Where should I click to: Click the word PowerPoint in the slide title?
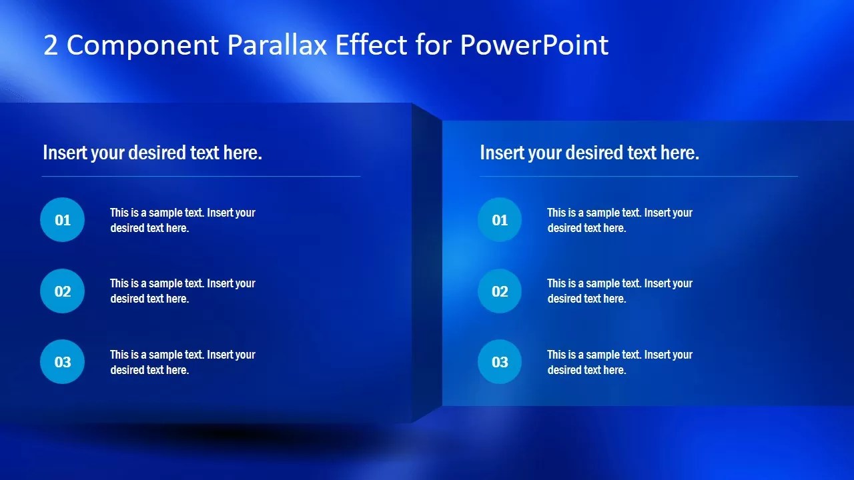tap(534, 45)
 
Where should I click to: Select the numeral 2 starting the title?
tap(51, 45)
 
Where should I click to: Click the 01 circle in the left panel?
tap(63, 220)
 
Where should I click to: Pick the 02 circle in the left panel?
tap(63, 291)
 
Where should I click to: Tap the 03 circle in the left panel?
tap(63, 362)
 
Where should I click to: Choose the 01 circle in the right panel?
tap(500, 220)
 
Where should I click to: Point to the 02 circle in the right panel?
tap(500, 291)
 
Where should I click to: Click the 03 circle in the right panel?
tap(500, 362)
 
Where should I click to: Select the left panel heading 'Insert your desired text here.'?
tap(152, 153)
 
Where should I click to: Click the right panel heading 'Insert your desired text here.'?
tap(589, 153)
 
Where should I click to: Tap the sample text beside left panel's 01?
tap(182, 220)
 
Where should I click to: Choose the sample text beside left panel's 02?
tap(182, 291)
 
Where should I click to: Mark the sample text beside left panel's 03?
tap(182, 362)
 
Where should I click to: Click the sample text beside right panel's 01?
tap(620, 220)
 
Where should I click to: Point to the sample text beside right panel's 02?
tap(620, 291)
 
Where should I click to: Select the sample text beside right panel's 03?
tap(620, 362)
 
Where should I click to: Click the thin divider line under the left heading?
tap(201, 177)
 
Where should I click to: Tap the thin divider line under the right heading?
tap(638, 177)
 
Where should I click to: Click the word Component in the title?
tap(143, 45)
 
